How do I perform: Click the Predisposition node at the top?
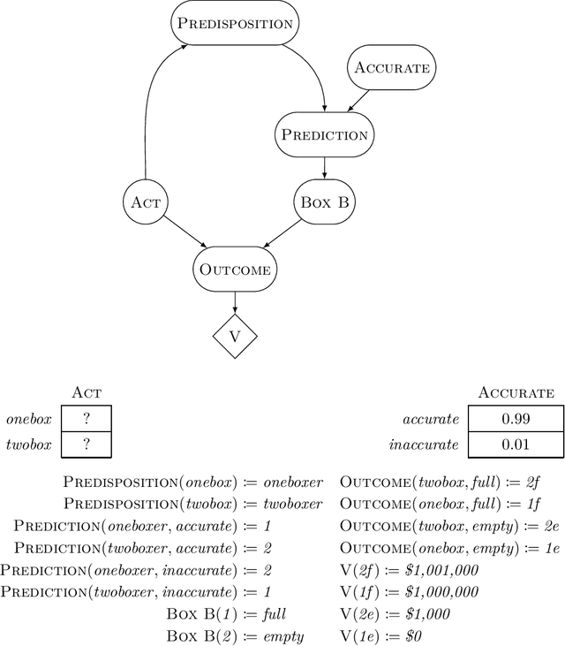click(x=233, y=23)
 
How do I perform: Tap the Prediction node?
click(x=324, y=134)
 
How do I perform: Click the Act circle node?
click(x=144, y=201)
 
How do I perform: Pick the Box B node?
click(x=324, y=201)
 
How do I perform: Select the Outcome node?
click(x=234, y=270)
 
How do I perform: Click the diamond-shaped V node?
click(x=234, y=337)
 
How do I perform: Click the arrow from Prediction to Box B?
click(x=324, y=167)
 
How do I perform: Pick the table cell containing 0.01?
click(x=515, y=444)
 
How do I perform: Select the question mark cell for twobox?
click(x=86, y=444)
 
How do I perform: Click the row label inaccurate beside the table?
click(x=424, y=445)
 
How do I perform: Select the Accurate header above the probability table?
click(x=515, y=392)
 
